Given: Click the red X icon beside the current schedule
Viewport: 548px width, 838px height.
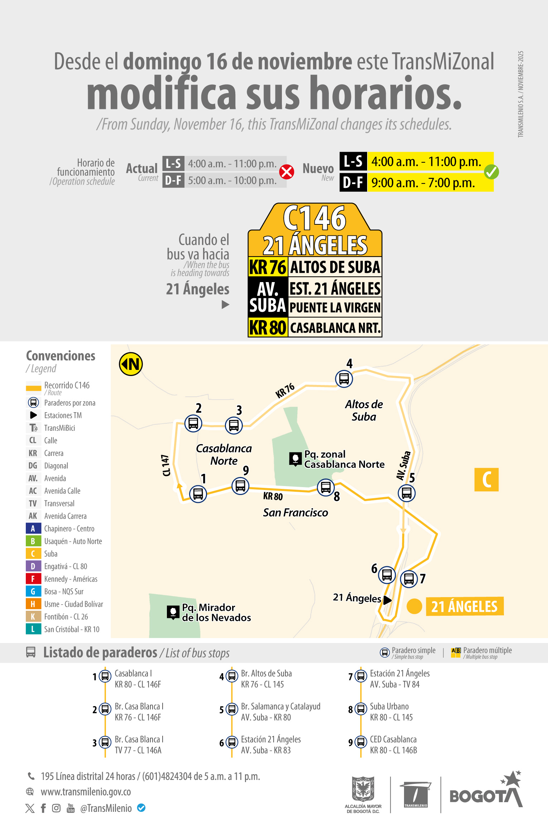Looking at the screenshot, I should [287, 172].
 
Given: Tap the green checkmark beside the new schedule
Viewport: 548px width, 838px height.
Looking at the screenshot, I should [491, 172].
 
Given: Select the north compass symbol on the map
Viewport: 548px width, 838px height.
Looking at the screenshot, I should [131, 364].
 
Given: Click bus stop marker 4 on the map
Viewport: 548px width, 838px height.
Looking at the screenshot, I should [344, 378].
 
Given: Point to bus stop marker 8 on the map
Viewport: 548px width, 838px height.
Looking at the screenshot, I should [326, 487].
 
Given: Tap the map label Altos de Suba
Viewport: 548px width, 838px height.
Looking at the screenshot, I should [364, 410].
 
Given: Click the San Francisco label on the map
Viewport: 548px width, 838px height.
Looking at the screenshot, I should [295, 513].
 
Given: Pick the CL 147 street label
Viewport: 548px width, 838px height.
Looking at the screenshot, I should [166, 465].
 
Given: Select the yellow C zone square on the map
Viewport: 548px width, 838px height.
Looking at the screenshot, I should [486, 480].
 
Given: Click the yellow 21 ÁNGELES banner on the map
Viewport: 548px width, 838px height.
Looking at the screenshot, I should [465, 606].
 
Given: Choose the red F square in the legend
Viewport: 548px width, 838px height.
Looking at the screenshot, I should [33, 579].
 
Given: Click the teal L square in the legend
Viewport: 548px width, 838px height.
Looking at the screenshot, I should [33, 629].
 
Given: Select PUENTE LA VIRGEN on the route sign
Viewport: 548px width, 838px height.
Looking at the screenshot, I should [335, 308].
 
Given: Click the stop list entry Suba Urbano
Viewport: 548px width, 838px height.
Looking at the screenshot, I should [389, 706].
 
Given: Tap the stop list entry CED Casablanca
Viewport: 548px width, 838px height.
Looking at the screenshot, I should [393, 739].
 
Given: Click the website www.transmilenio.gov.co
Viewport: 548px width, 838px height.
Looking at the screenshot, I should [86, 791].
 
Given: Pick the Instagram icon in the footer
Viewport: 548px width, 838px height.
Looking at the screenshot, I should [56, 808].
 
